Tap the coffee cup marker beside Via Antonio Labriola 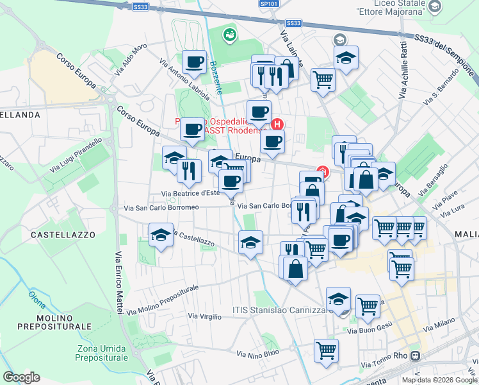click(x=194, y=62)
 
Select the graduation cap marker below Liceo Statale click(x=346, y=58)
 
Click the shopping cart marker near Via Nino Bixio click(x=326, y=350)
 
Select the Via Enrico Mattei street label click(x=118, y=282)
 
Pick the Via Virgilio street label click(x=204, y=316)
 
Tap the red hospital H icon click(x=277, y=124)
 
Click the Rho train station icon click(x=416, y=356)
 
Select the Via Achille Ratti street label click(x=403, y=71)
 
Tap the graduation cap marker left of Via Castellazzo click(x=161, y=235)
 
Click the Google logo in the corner click(x=21, y=377)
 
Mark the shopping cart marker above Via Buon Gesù click(x=368, y=306)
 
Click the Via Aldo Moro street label click(x=131, y=60)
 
